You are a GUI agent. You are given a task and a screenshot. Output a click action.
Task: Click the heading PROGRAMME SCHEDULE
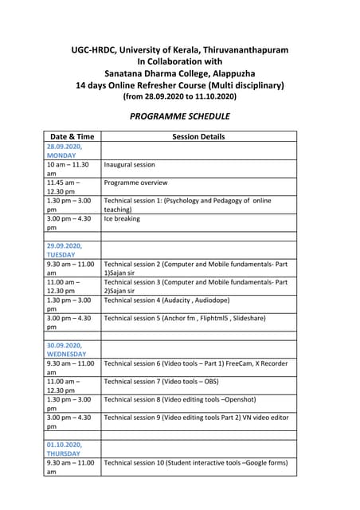(x=179, y=116)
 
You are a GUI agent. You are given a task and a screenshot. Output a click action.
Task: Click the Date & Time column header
(x=72, y=136)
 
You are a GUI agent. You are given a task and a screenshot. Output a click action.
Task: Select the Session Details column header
(x=198, y=136)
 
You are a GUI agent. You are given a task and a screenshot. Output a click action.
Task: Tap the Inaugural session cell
(x=130, y=164)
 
